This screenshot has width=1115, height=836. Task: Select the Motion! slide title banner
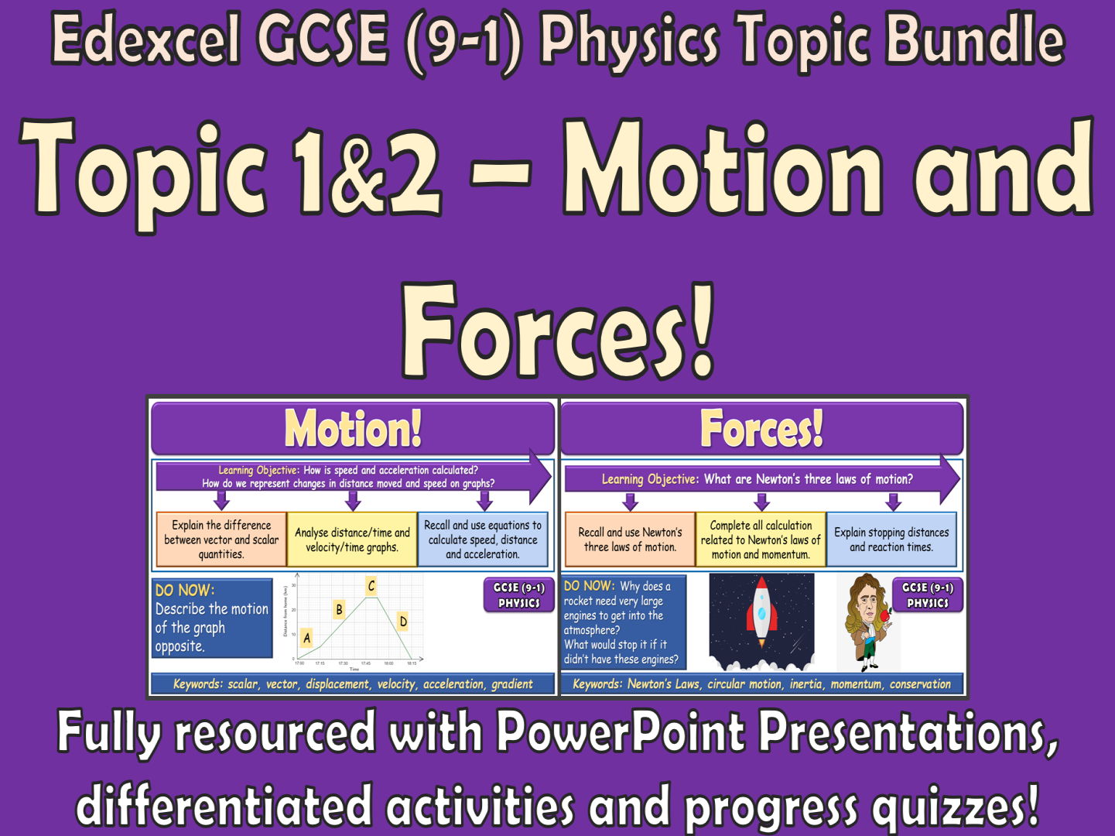pos(353,428)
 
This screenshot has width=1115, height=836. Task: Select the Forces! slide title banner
pos(761,428)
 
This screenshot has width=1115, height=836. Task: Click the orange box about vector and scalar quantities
pos(221,540)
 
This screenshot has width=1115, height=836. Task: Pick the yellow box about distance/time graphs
pos(352,540)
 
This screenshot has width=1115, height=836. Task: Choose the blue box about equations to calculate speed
pos(483,540)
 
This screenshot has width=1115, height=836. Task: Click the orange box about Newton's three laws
pos(630,540)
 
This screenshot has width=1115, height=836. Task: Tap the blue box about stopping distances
pos(891,540)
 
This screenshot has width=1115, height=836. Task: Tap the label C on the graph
pos(371,586)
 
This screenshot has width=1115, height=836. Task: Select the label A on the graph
pos(307,638)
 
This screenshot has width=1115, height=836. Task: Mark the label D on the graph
pos(402,621)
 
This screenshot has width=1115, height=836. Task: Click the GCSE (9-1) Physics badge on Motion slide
pos(519,595)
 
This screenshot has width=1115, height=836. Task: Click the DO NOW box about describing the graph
pos(212,618)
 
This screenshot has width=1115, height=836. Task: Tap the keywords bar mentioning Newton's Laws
pos(761,684)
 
